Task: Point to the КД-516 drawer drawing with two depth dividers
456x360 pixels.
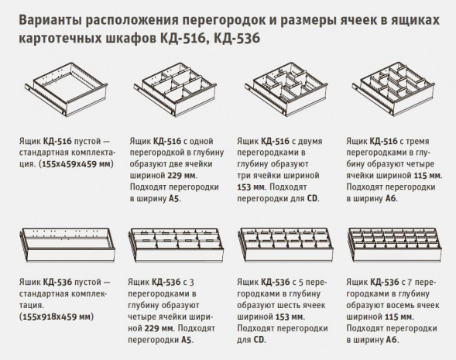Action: (284, 94)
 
